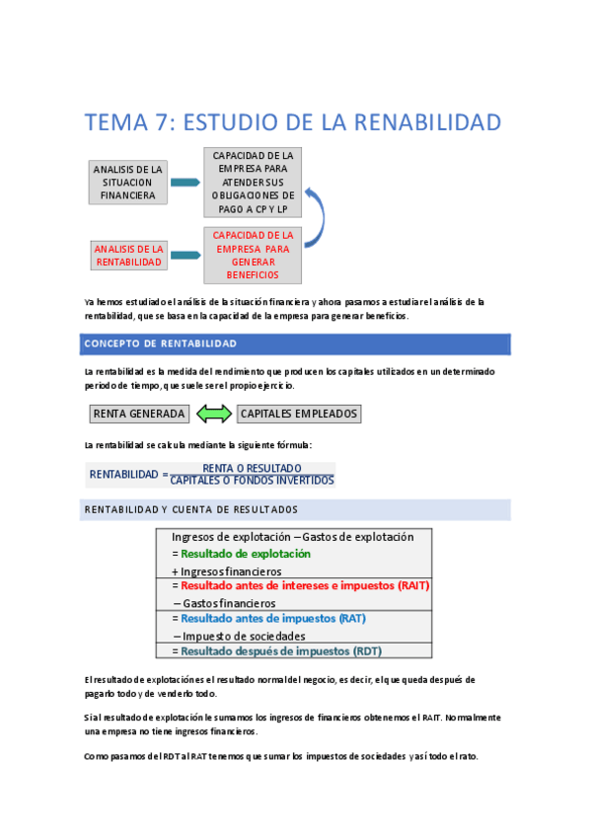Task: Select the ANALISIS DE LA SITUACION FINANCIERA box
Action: pos(127,183)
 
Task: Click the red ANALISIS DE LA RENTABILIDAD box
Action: pos(127,256)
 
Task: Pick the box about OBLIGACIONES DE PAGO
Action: pos(253,183)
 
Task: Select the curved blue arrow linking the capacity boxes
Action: pos(318,217)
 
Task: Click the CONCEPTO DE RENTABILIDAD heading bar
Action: pos(294,343)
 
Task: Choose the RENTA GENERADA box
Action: pos(138,414)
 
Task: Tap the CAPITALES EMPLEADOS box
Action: pos(299,414)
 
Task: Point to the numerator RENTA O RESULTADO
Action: pos(252,468)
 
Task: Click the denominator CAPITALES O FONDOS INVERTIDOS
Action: pos(252,481)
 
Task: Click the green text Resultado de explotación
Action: pos(245,554)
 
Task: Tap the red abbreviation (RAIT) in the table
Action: pos(413,585)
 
